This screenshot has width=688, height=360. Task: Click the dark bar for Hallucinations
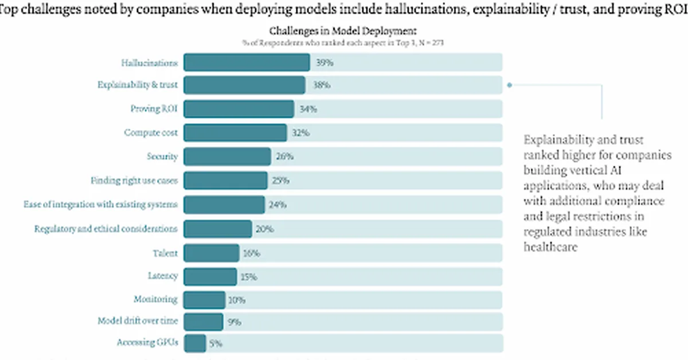coord(247,62)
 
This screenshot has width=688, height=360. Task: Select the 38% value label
coord(321,85)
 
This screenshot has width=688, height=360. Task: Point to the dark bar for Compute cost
coord(235,132)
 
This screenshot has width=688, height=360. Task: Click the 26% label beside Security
coord(285,156)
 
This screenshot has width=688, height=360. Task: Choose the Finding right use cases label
coord(134,180)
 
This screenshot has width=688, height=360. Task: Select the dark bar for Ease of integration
coord(224,204)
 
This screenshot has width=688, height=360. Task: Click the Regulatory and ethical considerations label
coord(106,228)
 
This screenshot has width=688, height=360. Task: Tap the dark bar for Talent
coord(212,252)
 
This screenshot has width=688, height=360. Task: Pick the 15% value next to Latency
coord(248,276)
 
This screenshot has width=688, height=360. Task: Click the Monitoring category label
coord(155,299)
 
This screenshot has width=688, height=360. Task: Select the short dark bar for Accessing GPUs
coord(195,343)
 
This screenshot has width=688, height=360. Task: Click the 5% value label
coord(215,343)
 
